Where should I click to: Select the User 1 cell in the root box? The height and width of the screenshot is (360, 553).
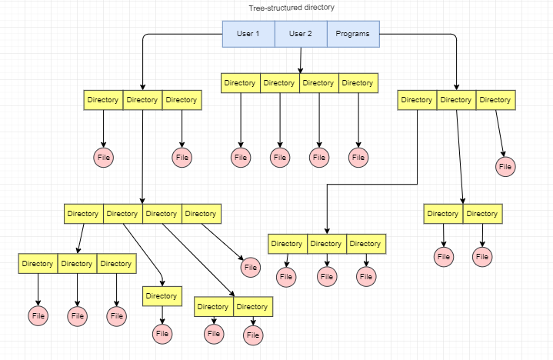[x=248, y=34]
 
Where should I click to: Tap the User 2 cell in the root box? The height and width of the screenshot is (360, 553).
[x=300, y=34]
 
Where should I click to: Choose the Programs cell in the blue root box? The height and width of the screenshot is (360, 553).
[x=353, y=34]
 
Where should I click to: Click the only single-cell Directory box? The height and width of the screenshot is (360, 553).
[x=162, y=296]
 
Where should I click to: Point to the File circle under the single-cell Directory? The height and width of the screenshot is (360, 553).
[x=162, y=333]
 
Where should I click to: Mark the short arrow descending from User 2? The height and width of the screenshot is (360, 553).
[x=300, y=60]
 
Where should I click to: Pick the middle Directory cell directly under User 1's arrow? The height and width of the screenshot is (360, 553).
[x=142, y=100]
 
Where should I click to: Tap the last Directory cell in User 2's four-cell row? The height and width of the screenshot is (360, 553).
[x=358, y=83]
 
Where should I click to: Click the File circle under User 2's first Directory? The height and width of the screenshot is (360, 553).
[x=241, y=158]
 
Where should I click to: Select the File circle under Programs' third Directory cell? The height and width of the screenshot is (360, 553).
[x=505, y=166]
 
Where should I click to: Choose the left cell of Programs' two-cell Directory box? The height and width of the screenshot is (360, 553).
[x=443, y=214]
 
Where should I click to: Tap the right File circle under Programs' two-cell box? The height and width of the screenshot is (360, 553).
[x=482, y=256]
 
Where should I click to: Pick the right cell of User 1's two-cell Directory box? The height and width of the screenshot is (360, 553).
[x=252, y=307]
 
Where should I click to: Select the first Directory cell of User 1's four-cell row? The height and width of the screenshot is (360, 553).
[x=83, y=214]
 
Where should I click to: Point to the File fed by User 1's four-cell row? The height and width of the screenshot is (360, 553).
[x=251, y=268]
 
